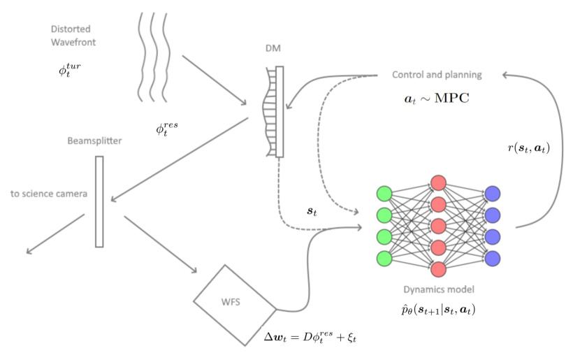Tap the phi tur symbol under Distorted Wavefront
click(71, 70)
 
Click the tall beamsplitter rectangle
click(99, 201)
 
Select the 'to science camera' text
click(49, 193)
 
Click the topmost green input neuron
click(384, 194)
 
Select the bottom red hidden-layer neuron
click(438, 268)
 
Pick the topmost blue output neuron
click(492, 194)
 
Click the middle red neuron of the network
click(438, 226)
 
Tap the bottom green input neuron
click(384, 257)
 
